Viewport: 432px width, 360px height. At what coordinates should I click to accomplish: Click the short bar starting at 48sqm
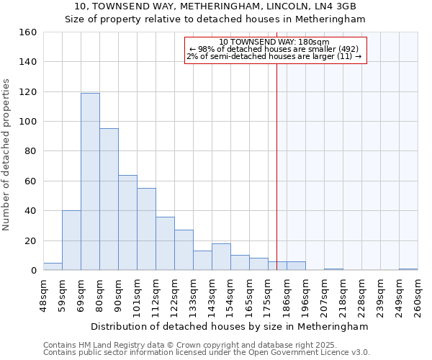point(53,266)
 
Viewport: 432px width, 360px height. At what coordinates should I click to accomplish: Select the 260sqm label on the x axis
point(418,296)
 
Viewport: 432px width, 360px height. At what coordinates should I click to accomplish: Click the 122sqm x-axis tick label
point(174,296)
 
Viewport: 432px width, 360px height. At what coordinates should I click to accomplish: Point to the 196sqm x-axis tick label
point(305,296)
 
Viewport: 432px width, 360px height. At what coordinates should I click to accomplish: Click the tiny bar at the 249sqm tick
point(408,269)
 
